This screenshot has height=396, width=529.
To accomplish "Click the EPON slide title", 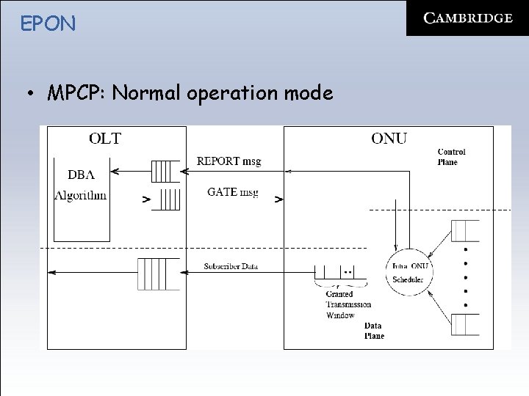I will click(x=48, y=23).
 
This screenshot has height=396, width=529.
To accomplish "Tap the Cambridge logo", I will click(x=468, y=19).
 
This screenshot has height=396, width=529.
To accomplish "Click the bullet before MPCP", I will click(x=31, y=95).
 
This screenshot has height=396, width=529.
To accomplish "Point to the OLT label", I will click(x=105, y=138).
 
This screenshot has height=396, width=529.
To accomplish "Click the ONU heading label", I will click(x=389, y=138).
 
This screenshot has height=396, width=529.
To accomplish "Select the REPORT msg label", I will click(x=228, y=161).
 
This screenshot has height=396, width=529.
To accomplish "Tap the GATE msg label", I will click(x=232, y=192).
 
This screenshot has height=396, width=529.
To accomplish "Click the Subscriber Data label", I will click(x=230, y=265).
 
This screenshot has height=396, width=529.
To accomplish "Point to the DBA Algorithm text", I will click(x=80, y=185).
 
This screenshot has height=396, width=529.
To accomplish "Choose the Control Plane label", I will click(x=451, y=157).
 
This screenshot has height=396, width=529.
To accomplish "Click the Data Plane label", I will click(x=373, y=331).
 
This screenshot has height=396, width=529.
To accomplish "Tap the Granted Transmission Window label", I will click(x=348, y=304).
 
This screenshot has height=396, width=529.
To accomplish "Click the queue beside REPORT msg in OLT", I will click(x=165, y=171).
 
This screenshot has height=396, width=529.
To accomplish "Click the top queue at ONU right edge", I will click(x=465, y=230).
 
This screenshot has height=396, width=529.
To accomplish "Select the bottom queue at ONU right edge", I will click(x=465, y=323).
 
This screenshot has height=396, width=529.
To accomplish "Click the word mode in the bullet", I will click(x=309, y=94).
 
